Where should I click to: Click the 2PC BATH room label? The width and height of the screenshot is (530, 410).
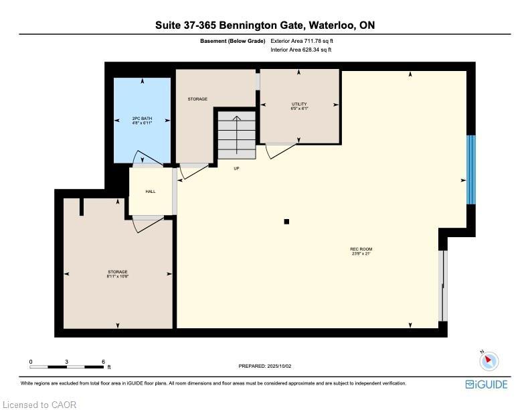(x=143, y=119)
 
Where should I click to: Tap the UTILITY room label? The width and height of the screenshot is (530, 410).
(x=299, y=104)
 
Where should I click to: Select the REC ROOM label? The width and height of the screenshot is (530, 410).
(x=361, y=249)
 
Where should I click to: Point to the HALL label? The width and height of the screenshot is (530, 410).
(x=151, y=192)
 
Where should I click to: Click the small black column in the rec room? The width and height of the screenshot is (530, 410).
(x=286, y=222)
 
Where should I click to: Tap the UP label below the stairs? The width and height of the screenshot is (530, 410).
(x=237, y=168)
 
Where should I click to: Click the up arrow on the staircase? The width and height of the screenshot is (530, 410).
(x=237, y=135)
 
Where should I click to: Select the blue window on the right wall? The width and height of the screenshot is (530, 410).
(x=471, y=169)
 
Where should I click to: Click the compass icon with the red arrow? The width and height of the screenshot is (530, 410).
(x=489, y=360)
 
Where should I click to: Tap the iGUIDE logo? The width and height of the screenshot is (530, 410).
(x=487, y=385)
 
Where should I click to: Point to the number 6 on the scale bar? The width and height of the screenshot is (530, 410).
(x=104, y=362)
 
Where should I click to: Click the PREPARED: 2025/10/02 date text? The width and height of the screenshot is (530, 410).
(x=265, y=366)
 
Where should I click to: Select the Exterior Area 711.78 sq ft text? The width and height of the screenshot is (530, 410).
(x=302, y=41)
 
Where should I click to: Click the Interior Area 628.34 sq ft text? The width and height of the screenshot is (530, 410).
(x=301, y=50)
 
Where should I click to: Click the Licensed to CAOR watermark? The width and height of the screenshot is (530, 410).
(x=39, y=405)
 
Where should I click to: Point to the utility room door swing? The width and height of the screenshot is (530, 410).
(x=281, y=151)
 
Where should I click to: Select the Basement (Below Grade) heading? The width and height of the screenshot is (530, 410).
(x=233, y=41)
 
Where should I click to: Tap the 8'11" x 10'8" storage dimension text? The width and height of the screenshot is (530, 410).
(x=118, y=277)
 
